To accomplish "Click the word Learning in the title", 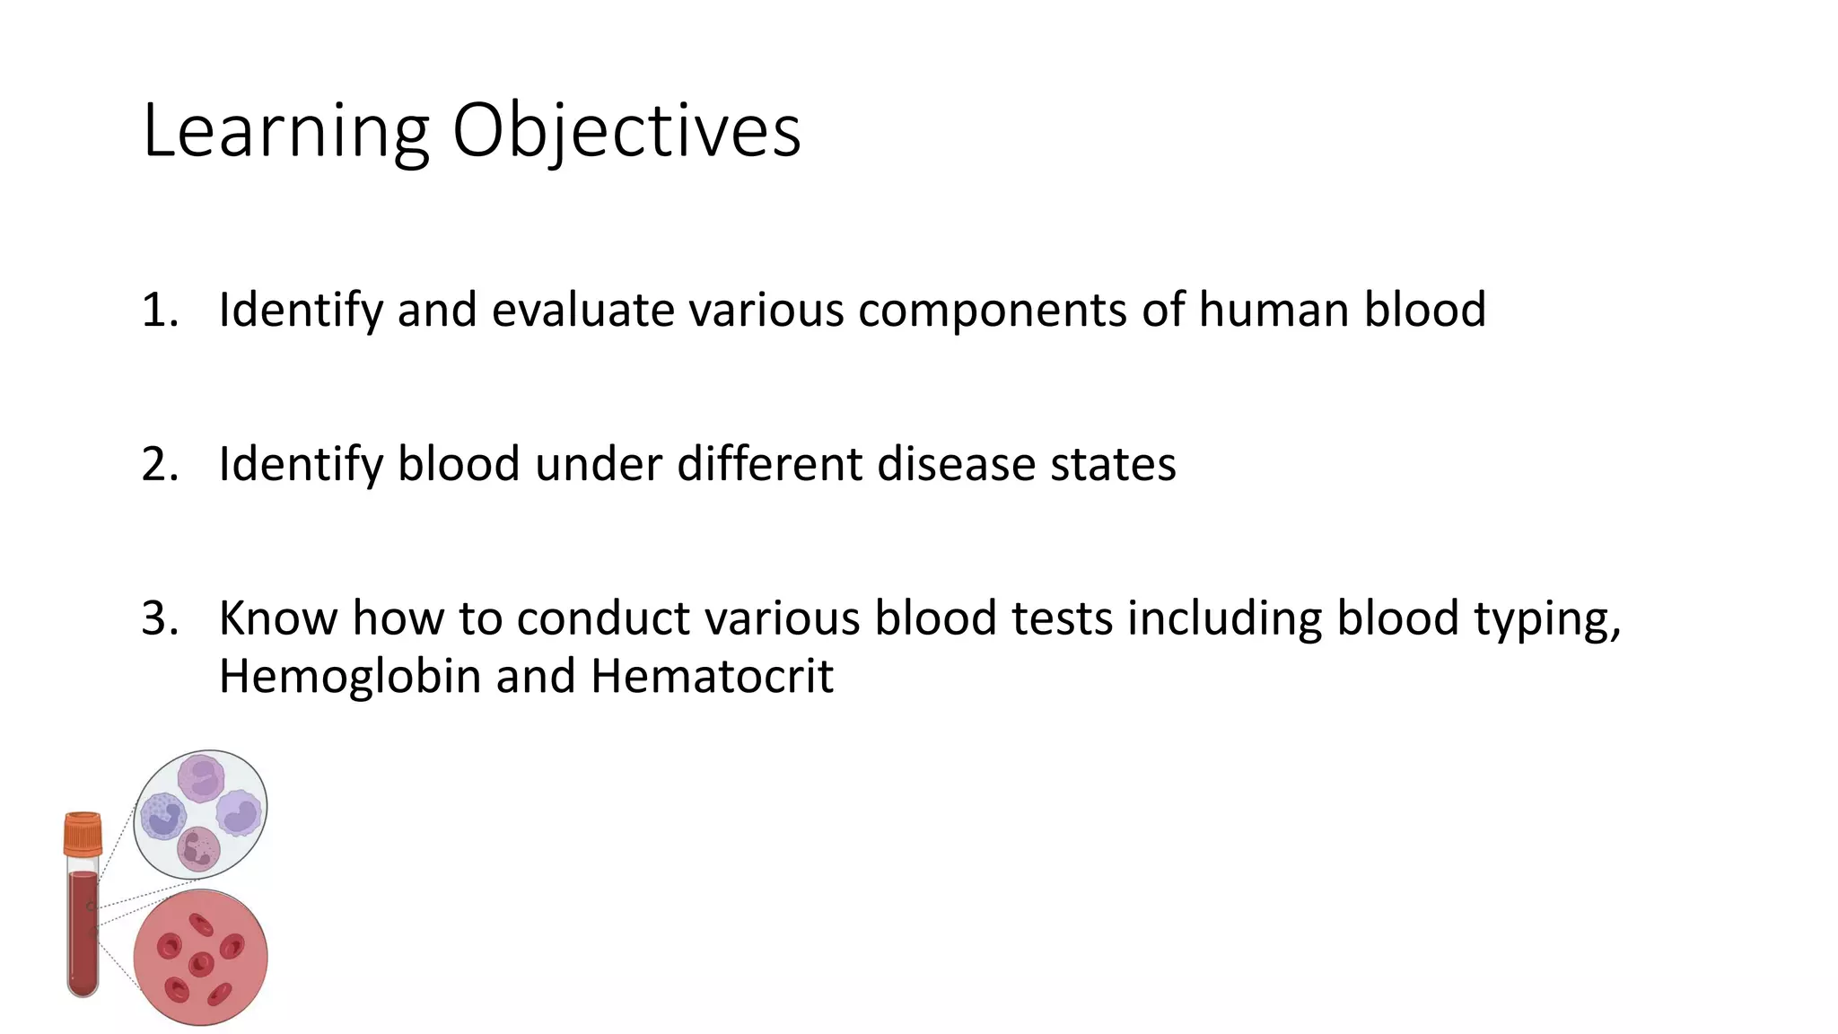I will point(285,132).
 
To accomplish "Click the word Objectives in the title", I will point(626,132).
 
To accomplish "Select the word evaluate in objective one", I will point(582,311).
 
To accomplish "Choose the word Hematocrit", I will point(712,677).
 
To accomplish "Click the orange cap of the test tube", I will point(83,834).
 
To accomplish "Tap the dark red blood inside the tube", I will point(83,933).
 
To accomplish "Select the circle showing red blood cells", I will point(200,957).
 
